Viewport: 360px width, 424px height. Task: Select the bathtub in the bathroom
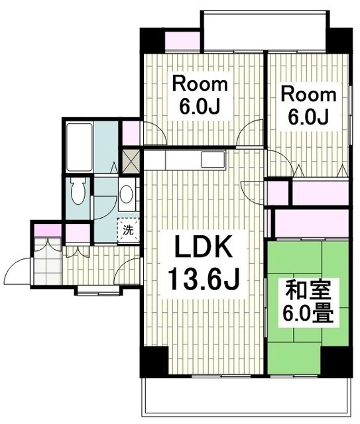pos(79,145)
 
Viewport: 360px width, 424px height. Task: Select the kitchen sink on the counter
pos(213,160)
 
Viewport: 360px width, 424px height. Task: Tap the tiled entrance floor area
pos(47,265)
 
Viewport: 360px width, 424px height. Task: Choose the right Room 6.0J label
pos(304,104)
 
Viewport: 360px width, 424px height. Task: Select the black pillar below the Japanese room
pos(335,360)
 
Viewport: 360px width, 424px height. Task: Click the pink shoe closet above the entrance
pos(48,233)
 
